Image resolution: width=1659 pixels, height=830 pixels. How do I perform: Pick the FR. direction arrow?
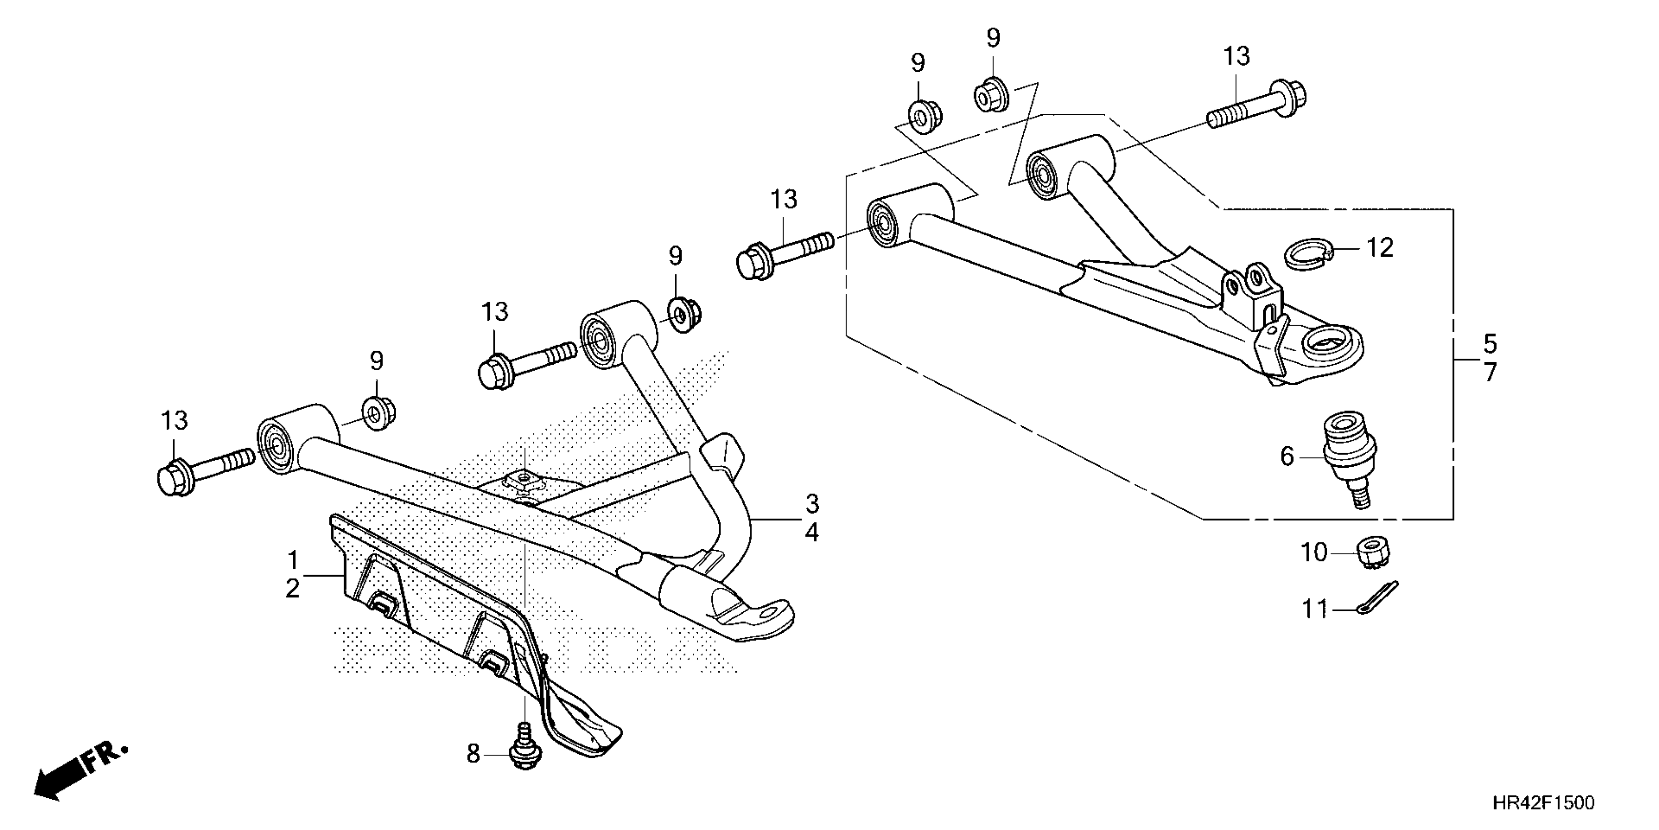coord(81,773)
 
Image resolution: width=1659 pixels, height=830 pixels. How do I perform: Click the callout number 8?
coord(473,753)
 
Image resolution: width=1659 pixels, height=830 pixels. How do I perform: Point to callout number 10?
coord(1314,552)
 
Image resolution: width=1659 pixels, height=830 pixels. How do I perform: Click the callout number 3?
coord(812,503)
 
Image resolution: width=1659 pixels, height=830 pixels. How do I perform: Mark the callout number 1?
coord(293,560)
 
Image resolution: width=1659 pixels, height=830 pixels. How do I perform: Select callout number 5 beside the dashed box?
coord(1490,344)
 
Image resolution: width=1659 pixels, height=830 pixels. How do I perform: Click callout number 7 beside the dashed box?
coord(1490,373)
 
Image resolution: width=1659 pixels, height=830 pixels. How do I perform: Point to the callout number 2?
coord(293,588)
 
